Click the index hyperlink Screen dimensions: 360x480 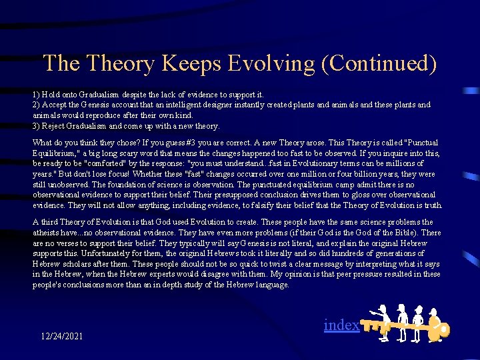click(341, 325)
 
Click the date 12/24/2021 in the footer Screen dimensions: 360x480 click(61, 336)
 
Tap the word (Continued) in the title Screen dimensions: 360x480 click(394, 63)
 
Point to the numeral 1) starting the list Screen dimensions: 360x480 click(37, 95)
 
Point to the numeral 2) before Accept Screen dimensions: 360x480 click(37, 105)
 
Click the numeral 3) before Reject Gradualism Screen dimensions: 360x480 click(37, 126)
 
